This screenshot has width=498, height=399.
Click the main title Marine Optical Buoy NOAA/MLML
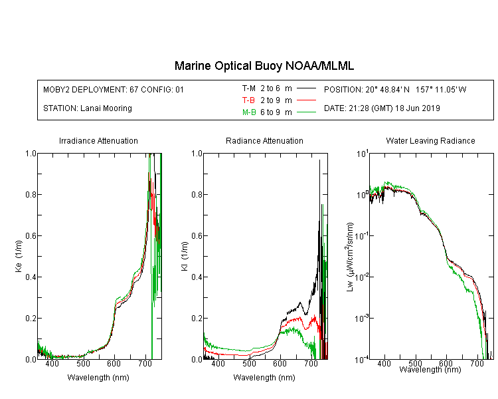coord(264,66)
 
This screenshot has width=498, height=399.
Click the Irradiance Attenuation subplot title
coord(98,140)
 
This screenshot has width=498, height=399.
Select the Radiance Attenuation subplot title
coord(264,140)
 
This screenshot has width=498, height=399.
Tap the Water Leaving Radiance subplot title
coord(430,140)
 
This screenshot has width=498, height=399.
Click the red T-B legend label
coord(248,100)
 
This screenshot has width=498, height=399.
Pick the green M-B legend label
coord(249,112)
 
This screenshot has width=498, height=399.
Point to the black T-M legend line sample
coord(306,88)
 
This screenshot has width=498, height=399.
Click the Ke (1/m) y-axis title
coord(19,256)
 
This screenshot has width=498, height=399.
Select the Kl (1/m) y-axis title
coord(185,256)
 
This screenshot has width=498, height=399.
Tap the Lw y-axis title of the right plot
coord(350,257)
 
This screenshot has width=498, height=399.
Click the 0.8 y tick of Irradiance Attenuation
coord(31,194)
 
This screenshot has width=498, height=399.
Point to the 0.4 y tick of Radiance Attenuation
coord(197,277)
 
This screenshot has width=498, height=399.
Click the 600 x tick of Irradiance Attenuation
coord(114,363)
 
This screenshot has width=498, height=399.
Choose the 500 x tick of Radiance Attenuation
coord(249,363)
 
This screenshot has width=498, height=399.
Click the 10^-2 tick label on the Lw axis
coord(362,277)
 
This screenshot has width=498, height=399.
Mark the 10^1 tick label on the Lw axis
coord(363,154)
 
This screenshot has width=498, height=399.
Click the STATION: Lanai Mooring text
coord(88,108)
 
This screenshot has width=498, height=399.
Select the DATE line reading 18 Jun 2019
coord(382,108)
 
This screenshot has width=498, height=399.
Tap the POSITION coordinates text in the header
coord(395,89)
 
